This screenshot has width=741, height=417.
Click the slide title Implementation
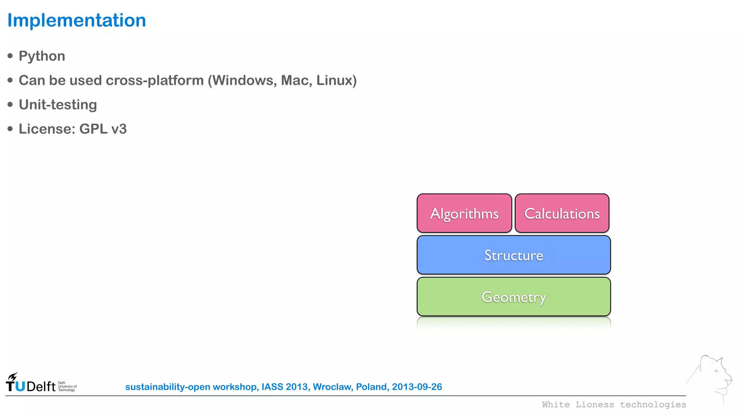(76, 20)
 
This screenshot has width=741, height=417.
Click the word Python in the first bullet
(42, 56)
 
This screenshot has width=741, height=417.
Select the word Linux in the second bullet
(335, 80)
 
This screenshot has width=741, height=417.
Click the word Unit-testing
(58, 105)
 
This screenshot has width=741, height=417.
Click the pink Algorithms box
(464, 213)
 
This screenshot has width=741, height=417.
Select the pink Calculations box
(562, 213)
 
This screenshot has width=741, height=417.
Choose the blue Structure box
(513, 255)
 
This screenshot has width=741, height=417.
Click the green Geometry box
(513, 297)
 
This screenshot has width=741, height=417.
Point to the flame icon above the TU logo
(13, 376)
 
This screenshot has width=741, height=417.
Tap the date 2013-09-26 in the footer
(417, 387)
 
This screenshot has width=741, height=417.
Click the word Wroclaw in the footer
(333, 387)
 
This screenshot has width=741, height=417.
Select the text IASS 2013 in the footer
(284, 387)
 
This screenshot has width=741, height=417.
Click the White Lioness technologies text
(614, 405)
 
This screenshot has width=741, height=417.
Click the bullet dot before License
(10, 129)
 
